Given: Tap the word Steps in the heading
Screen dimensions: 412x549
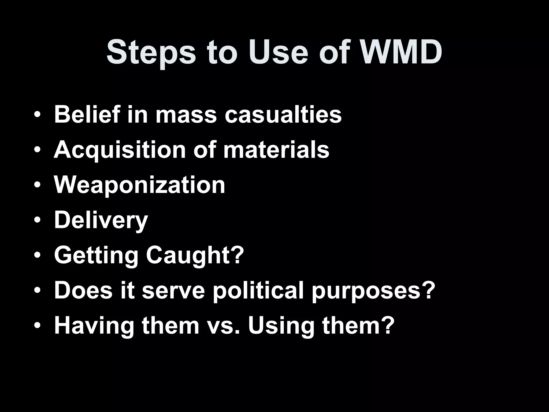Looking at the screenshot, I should coord(151,53).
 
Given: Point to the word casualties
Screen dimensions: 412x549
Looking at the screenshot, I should coord(283,115).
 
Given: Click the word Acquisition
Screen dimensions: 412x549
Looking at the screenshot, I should coord(120,150).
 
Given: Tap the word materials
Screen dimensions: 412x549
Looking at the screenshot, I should coord(276,150).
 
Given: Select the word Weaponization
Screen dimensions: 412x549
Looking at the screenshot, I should coord(140,185).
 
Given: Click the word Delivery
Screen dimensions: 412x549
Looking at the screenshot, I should coord(101,221).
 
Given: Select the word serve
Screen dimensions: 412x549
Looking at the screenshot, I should coord(173,291).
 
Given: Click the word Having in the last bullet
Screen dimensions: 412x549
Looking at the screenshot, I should coord(94,326).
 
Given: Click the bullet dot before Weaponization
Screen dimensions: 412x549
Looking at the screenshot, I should coord(38,185).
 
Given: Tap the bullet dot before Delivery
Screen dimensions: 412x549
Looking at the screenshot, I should coord(38,220).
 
